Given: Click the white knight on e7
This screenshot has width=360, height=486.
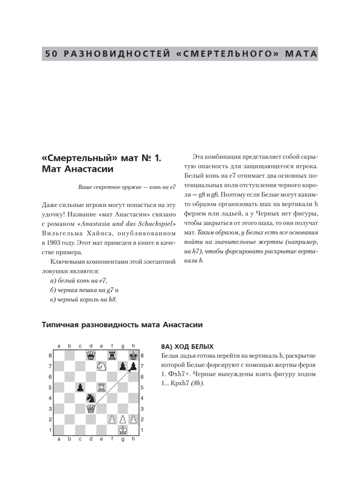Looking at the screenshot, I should pos(101,366).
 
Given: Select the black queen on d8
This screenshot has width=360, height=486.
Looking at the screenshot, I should pos(91,355).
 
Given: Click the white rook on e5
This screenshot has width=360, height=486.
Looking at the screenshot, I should pos(101,387).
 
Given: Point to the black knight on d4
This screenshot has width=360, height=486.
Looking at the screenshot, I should pos(91,398).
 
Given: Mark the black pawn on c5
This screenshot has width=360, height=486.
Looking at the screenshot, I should pos(80,387).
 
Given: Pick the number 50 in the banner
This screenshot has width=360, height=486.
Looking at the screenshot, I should pos(51,54).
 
